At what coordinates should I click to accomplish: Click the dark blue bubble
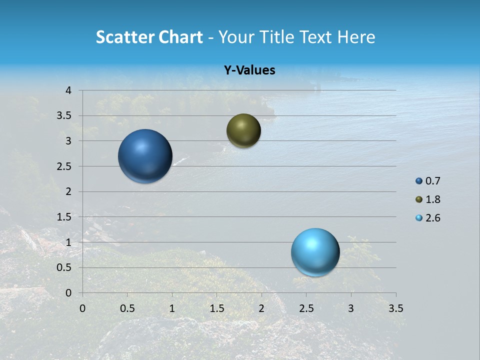click(145, 156)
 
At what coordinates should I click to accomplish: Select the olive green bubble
click(243, 131)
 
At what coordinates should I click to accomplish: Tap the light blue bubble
click(315, 252)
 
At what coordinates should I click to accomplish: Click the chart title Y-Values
click(249, 70)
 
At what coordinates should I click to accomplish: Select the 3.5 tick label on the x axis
click(395, 308)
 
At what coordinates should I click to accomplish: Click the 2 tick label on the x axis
click(261, 308)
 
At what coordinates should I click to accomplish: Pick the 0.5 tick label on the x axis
click(127, 308)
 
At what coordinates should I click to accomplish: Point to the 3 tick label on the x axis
click(351, 308)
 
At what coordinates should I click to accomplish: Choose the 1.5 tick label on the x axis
click(216, 308)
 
